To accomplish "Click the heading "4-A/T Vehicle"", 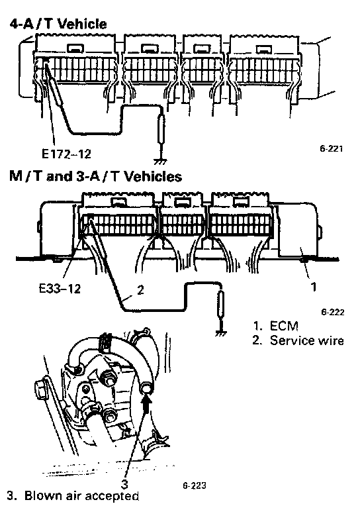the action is click(x=58, y=24).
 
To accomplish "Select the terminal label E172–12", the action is click(x=66, y=154).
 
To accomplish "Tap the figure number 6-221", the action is click(x=331, y=149).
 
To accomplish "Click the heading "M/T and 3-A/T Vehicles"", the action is click(x=95, y=176).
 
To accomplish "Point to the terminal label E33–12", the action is click(x=60, y=289).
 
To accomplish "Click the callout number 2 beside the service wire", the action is click(x=140, y=290).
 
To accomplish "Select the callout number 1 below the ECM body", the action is click(x=313, y=287).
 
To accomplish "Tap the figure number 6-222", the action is click(x=333, y=312).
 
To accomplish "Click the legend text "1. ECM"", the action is click(x=275, y=326).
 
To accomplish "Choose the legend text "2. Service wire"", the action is click(x=298, y=341).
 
